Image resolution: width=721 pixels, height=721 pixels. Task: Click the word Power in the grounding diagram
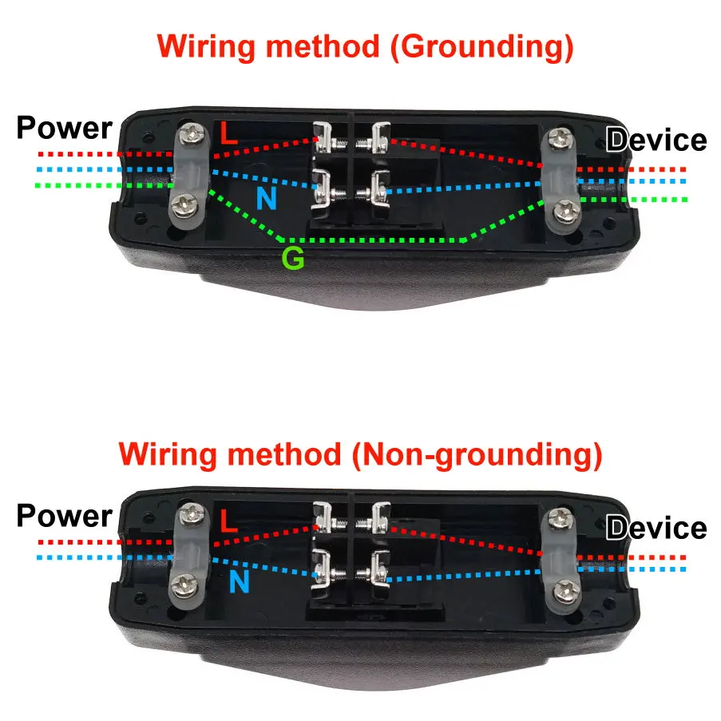click(64, 128)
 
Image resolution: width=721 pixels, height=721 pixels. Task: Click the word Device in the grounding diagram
click(656, 141)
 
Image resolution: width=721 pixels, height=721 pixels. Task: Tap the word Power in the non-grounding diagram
click(64, 516)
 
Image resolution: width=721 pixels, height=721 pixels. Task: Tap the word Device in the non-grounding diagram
click(656, 529)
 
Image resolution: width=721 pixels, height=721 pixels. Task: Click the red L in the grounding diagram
click(228, 133)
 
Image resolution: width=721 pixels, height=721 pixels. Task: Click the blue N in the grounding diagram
click(266, 199)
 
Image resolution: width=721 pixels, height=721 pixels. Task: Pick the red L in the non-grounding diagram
click(228, 522)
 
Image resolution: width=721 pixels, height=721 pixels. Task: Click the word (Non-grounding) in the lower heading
click(476, 455)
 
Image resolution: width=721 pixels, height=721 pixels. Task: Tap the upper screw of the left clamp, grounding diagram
click(192, 133)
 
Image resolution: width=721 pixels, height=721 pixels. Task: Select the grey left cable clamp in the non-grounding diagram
click(188, 553)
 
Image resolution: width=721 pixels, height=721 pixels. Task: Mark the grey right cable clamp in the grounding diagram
click(562, 177)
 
